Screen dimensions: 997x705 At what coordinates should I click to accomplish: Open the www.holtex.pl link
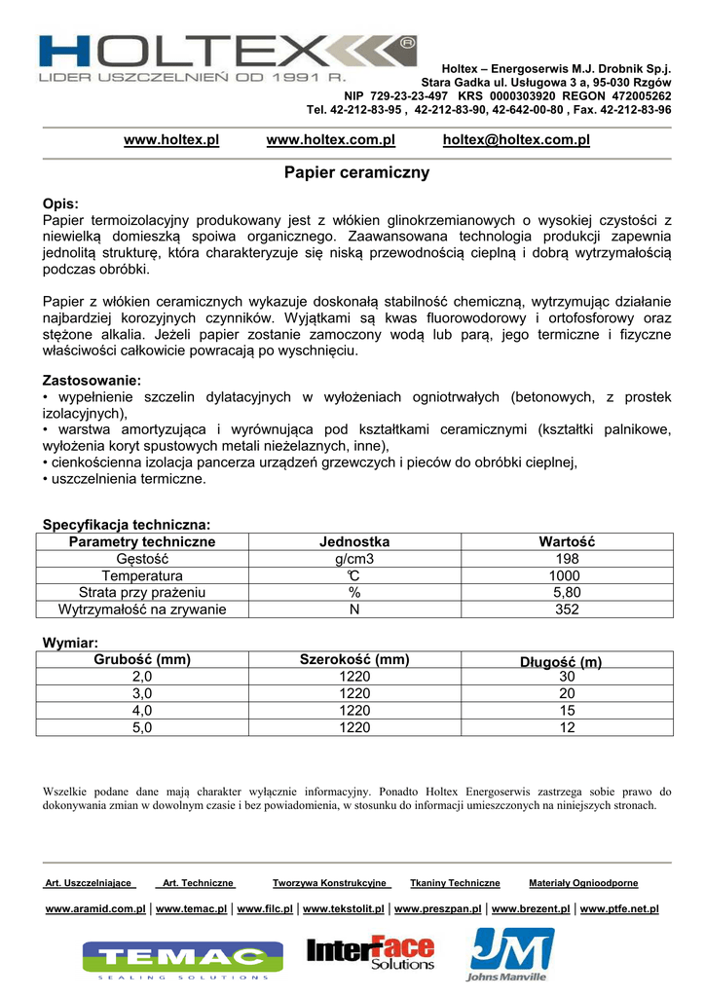[171, 140]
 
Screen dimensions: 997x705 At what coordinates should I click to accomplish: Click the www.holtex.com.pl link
[331, 140]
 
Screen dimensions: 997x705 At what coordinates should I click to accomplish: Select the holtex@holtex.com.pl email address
[516, 140]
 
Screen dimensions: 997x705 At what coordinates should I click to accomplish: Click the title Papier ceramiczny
[356, 173]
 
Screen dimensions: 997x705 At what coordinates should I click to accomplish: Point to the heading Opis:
[60, 205]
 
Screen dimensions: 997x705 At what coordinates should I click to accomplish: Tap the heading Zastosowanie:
[92, 381]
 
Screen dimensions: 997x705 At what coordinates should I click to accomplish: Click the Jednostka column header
[354, 542]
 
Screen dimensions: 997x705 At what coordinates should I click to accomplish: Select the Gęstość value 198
[567, 559]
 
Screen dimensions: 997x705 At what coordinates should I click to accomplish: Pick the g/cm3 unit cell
[354, 559]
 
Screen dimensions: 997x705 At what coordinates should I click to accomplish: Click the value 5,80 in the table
[567, 592]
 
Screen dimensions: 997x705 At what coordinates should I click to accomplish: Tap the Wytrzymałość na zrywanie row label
[142, 609]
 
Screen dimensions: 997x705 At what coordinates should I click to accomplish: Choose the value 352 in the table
[567, 609]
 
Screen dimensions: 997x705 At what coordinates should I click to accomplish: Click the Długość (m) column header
[561, 662]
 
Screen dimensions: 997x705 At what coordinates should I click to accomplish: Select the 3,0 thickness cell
[142, 693]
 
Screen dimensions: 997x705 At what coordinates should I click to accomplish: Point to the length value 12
[567, 727]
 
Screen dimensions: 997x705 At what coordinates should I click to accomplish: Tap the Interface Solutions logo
[371, 953]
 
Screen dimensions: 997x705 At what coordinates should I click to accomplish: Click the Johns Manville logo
[510, 954]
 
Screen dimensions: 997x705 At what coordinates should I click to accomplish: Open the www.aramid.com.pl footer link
[95, 909]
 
